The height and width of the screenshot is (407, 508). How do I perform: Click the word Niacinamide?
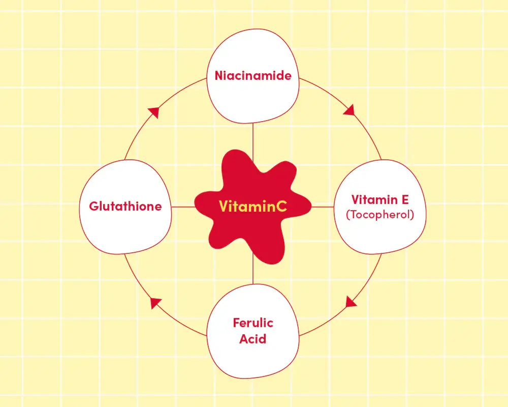coord(253,76)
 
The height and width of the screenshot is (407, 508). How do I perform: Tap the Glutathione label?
coord(125,207)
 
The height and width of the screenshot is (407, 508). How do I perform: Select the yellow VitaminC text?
coord(252,206)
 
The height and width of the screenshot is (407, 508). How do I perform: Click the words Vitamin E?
coord(380,199)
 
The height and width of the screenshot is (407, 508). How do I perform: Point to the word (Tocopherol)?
coord(380,215)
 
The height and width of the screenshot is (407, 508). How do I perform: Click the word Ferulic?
coord(253,323)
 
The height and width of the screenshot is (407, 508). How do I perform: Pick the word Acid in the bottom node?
coord(252,339)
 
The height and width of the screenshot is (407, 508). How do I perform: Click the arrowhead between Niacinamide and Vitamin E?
coord(350,110)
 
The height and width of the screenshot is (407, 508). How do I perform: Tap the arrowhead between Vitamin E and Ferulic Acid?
coord(351,302)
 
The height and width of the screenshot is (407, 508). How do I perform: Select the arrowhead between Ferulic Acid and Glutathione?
coord(155,303)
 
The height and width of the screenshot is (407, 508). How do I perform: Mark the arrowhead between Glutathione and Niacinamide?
coord(153,112)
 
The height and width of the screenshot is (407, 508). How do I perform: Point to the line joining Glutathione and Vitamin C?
coord(183,207)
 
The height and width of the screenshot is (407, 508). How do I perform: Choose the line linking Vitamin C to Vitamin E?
coord(323,207)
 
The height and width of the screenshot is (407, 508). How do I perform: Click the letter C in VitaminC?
coord(281,206)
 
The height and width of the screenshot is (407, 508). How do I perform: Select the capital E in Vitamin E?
coord(405,199)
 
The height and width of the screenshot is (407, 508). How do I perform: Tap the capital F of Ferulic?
coord(237,323)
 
